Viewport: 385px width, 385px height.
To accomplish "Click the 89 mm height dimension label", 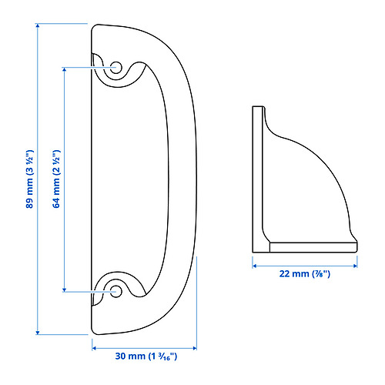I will point(30,178).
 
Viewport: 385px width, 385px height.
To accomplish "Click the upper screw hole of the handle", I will point(116,68).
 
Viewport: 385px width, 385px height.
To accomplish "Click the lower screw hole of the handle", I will point(116,291).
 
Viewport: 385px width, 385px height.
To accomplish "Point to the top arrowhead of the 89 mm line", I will point(37,25).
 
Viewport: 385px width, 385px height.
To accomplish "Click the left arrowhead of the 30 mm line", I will point(94,347).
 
